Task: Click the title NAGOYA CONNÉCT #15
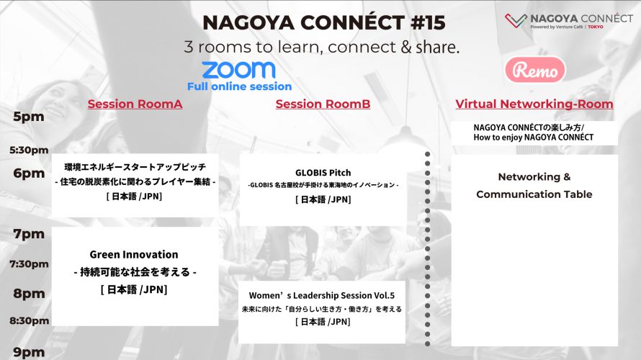click(x=324, y=22)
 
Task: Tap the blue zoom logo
click(x=238, y=70)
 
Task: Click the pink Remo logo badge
click(x=535, y=70)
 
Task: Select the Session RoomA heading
click(x=135, y=104)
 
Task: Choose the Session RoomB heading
click(x=323, y=104)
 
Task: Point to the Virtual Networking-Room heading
click(x=534, y=104)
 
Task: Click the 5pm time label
click(x=29, y=117)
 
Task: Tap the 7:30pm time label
click(x=29, y=264)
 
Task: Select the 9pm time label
click(x=29, y=352)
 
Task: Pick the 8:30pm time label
click(x=30, y=321)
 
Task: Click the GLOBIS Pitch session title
click(x=323, y=173)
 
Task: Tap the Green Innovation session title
click(x=134, y=255)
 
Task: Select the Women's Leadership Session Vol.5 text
click(x=322, y=295)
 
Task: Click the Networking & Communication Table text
click(x=534, y=186)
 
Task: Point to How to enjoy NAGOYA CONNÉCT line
click(x=534, y=138)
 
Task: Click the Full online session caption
click(x=240, y=86)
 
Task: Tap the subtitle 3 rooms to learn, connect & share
click(x=322, y=47)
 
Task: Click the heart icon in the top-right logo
click(x=516, y=20)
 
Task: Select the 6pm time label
click(x=29, y=174)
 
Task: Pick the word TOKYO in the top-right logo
click(x=596, y=27)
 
